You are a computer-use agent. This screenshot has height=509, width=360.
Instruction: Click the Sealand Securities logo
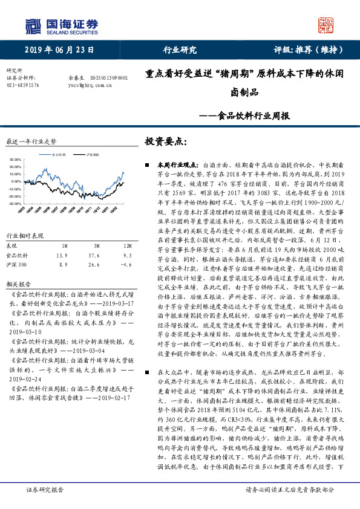[x=61, y=25]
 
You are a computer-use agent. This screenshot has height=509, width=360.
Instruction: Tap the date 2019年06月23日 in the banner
[x=52, y=50]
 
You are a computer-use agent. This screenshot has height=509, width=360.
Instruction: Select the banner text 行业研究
[x=180, y=50]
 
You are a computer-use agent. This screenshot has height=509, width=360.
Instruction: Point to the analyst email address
[x=90, y=85]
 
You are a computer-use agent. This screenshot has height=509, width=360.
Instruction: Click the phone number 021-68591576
[x=22, y=85]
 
